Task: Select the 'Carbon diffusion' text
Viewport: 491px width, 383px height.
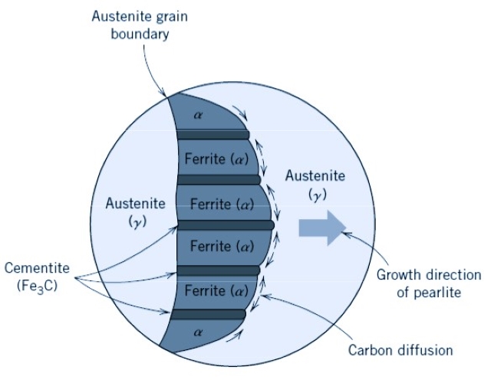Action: (x=401, y=350)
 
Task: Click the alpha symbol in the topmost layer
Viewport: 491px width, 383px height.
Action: (x=199, y=115)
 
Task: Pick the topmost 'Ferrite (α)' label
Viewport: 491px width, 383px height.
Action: (x=215, y=159)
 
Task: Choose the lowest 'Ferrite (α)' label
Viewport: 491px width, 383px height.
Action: (x=216, y=291)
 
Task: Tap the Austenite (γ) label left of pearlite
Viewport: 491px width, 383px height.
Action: (x=135, y=213)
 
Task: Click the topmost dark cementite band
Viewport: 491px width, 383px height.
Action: (x=213, y=135)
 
